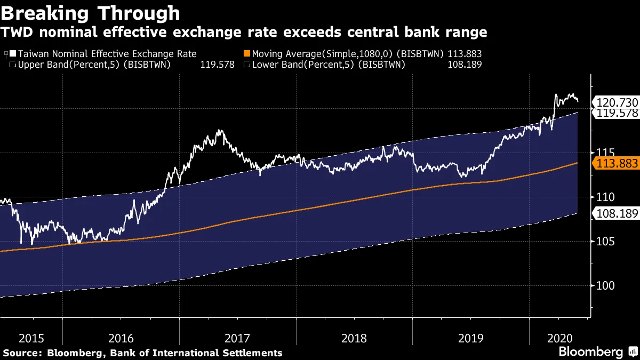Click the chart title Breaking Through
(90, 12)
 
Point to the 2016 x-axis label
(121, 338)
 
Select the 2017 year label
(238, 338)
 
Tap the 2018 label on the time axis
(354, 338)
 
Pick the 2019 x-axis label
(470, 338)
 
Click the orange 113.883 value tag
(616, 164)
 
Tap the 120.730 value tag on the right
(616, 102)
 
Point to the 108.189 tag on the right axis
(616, 214)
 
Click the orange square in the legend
(246, 54)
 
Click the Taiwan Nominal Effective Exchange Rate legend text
(107, 54)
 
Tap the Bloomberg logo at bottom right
(590, 351)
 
